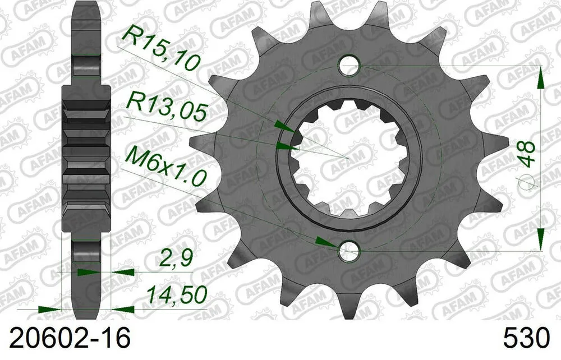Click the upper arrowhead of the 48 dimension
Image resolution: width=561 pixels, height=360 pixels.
tap(540, 78)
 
